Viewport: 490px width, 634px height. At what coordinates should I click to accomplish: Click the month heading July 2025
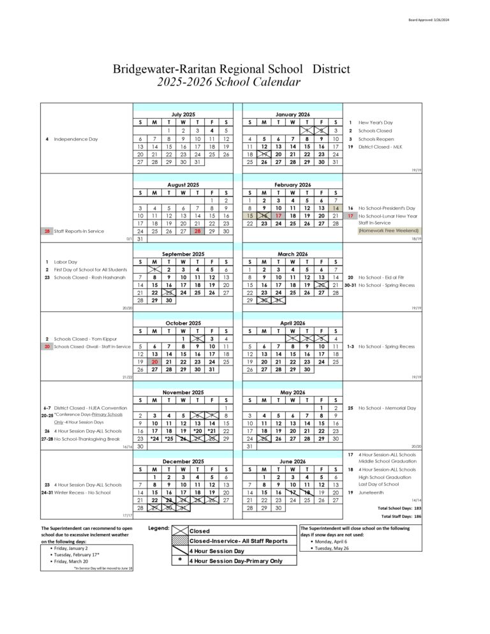[183, 114]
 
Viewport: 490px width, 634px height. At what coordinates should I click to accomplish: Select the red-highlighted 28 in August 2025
[197, 231]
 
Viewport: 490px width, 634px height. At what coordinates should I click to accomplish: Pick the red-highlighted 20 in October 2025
[154, 360]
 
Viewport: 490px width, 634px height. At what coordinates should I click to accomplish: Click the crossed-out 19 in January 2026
[264, 154]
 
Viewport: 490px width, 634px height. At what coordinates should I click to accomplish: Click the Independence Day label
[76, 139]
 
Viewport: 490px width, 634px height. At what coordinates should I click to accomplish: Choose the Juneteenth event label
[371, 492]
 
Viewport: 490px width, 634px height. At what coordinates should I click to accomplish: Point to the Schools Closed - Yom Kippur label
[80, 339]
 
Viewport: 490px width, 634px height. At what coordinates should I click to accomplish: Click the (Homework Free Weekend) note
[384, 231]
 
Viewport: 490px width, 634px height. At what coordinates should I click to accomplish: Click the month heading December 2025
[183, 460]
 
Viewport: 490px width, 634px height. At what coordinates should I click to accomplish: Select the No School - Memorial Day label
[387, 408]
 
